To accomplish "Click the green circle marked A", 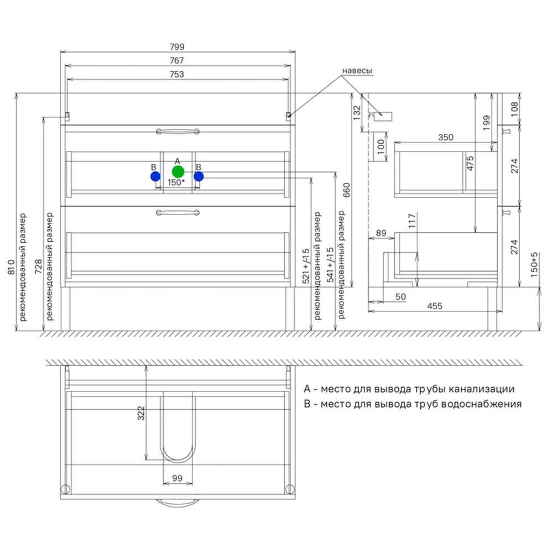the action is [178, 172].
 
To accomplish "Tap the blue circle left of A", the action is [155, 176].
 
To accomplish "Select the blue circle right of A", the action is [199, 176].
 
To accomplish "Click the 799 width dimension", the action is [177, 47].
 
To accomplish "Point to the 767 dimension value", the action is [177, 61].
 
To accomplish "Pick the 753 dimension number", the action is [177, 75].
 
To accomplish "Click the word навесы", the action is [357, 71].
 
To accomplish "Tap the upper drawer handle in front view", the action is [178, 132].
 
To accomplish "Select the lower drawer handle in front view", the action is [178, 212].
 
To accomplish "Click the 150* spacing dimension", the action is [176, 182].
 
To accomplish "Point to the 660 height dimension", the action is [347, 190].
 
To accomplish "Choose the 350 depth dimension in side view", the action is [446, 137].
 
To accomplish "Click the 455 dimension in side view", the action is [435, 306].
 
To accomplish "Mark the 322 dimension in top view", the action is [141, 413].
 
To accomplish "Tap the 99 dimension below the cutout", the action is [178, 478].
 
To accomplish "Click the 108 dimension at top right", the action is [514, 109].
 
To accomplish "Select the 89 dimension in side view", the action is [381, 233].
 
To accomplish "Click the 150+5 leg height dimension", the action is [534, 264].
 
